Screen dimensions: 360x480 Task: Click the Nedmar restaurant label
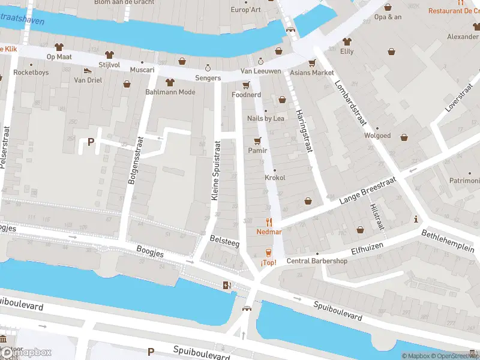269,232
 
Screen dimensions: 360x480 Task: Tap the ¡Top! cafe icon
268,253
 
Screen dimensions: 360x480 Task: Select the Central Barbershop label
317,261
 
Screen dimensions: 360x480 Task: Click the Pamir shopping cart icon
258,141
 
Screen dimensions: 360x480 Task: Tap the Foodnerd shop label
246,95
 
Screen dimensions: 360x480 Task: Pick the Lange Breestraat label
368,192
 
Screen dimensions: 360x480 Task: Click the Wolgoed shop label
377,136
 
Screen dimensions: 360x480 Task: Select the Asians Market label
311,73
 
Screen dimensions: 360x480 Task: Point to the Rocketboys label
31,73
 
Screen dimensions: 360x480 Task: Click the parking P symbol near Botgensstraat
91,142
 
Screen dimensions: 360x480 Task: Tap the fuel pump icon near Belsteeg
226,285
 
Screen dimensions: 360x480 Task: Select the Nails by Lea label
266,118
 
